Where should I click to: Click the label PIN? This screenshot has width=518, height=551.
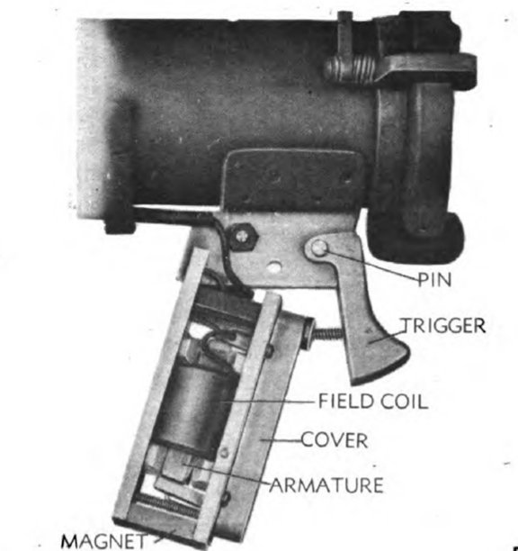(434, 280)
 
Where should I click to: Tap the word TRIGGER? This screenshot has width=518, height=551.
(443, 326)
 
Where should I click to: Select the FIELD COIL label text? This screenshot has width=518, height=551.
(373, 402)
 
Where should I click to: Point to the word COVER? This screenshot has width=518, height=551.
(335, 440)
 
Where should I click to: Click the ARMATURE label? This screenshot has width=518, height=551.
(327, 485)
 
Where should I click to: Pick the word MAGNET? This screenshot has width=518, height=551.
(104, 541)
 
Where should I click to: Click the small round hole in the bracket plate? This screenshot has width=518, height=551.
(274, 266)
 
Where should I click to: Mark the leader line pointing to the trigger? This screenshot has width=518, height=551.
(387, 337)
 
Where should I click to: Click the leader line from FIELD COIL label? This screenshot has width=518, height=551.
(268, 402)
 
